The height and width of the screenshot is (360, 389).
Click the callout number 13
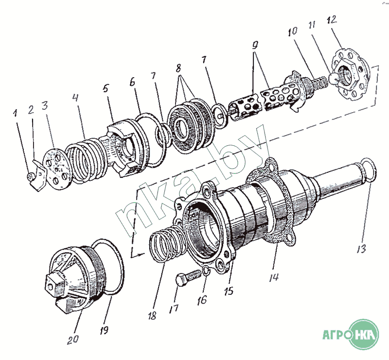pyautogui.click(x=361, y=249)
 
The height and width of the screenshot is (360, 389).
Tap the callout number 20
pyautogui.click(x=73, y=339)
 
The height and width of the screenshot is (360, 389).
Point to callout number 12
pyautogui.click(x=332, y=19)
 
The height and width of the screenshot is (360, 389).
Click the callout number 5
pyautogui.click(x=106, y=88)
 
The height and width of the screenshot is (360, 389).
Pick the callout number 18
pyautogui.click(x=152, y=315)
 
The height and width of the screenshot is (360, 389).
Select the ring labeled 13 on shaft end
pyautogui.click(x=369, y=171)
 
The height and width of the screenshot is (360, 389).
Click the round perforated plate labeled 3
pyautogui.click(x=57, y=170)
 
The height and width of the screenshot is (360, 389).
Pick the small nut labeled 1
pyautogui.click(x=30, y=176)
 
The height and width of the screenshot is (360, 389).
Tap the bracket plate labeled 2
pyautogui.click(x=39, y=175)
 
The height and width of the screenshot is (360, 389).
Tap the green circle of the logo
pyautogui.click(x=364, y=334)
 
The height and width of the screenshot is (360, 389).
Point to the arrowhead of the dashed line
pyautogui.click(x=141, y=254)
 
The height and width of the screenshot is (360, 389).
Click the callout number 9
pyautogui.click(x=255, y=45)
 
